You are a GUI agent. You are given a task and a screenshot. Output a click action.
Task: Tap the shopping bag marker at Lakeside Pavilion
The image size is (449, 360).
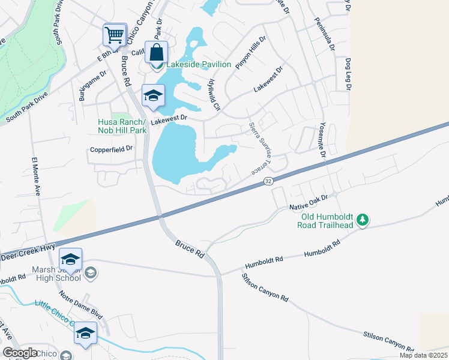156,53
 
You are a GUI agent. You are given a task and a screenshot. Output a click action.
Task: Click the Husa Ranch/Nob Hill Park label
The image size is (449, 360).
122,125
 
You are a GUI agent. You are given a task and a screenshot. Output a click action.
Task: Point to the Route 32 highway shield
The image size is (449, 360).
268,181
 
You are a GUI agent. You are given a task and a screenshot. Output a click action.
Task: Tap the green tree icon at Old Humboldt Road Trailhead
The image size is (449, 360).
362,220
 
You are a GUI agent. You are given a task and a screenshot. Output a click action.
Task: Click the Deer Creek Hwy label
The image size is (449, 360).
28,251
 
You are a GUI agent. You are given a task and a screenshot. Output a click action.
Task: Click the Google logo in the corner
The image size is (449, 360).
20,353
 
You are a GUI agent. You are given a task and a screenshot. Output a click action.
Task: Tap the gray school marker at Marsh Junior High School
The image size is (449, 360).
90,274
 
